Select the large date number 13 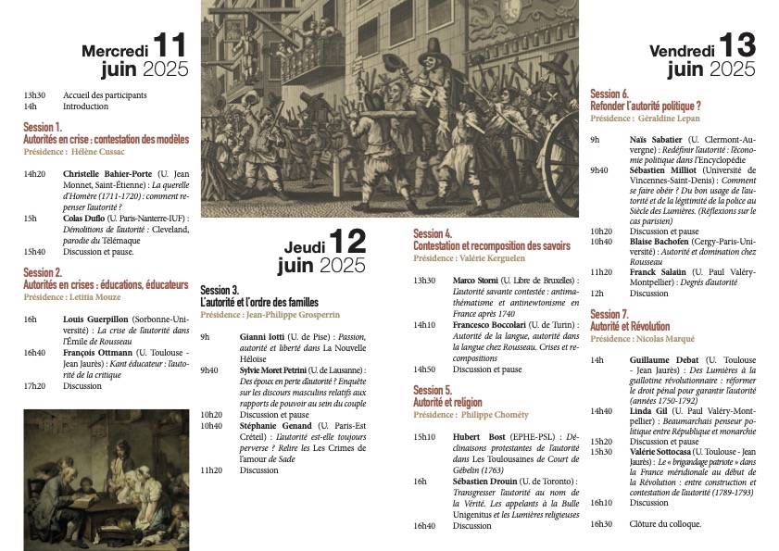(738, 44)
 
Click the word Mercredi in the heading (114, 50)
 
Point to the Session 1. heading (44, 126)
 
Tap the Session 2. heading (44, 272)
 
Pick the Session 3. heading (220, 290)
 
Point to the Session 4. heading (433, 234)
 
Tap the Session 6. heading (609, 94)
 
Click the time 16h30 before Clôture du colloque (601, 524)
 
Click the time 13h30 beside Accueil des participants (34, 95)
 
